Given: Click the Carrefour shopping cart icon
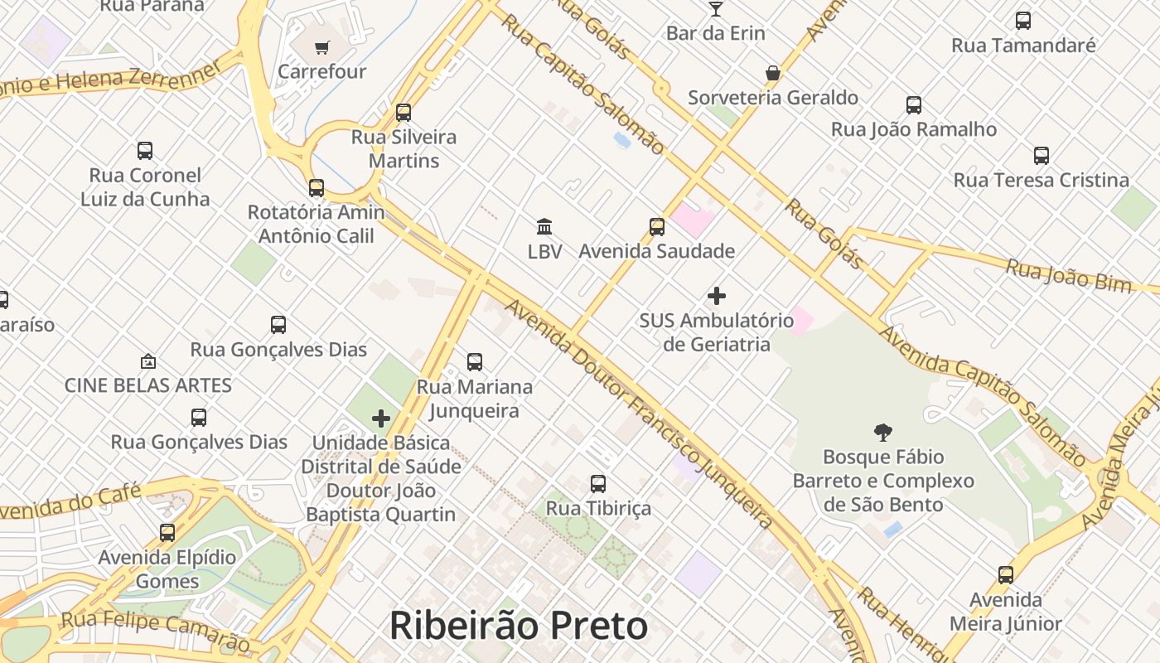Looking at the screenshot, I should [321, 47].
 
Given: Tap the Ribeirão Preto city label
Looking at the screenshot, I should [518, 626].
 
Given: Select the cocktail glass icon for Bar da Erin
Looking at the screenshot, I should [716, 9].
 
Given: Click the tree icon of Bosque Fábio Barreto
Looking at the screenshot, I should [882, 432].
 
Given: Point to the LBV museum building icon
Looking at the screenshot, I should [544, 226].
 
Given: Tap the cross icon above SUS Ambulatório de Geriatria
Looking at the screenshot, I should [717, 295].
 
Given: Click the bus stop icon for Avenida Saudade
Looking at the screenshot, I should [656, 226].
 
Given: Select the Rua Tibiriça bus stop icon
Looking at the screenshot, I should [597, 483].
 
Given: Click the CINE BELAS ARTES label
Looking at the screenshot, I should [148, 385].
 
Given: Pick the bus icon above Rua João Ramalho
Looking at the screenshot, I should [913, 105].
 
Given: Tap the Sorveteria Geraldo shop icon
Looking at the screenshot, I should [773, 73].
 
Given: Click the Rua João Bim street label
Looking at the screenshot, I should [1068, 275].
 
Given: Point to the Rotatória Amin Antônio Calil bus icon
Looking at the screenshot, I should [316, 188].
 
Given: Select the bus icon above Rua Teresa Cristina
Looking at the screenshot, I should [1041, 156].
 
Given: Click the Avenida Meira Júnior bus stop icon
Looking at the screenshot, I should [1005, 575].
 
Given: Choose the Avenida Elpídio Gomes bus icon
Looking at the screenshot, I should [167, 533].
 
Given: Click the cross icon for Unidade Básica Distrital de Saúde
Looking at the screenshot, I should [380, 419].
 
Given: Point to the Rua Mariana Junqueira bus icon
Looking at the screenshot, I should [474, 362].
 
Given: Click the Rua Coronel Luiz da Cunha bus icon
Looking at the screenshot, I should [145, 151].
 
